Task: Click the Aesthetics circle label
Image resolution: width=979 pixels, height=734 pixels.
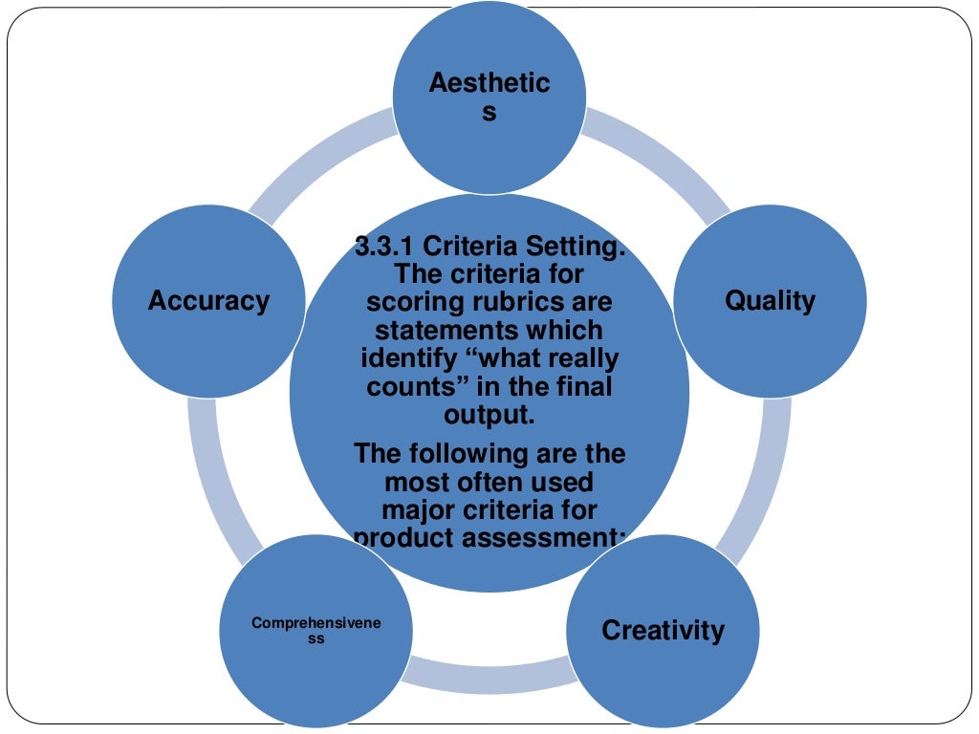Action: [x=489, y=97]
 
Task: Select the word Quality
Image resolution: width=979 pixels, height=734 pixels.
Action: [x=770, y=300]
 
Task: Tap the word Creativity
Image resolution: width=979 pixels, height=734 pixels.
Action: [x=663, y=631]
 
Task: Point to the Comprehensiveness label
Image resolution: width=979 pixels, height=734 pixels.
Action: [x=315, y=631]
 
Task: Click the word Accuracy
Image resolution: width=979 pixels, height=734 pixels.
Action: [x=208, y=300]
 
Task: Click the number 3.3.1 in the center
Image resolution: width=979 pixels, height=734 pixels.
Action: [x=385, y=248]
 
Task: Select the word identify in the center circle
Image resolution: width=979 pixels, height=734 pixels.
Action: [x=404, y=359]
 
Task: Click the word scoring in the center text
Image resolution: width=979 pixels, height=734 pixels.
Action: [x=426, y=303]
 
